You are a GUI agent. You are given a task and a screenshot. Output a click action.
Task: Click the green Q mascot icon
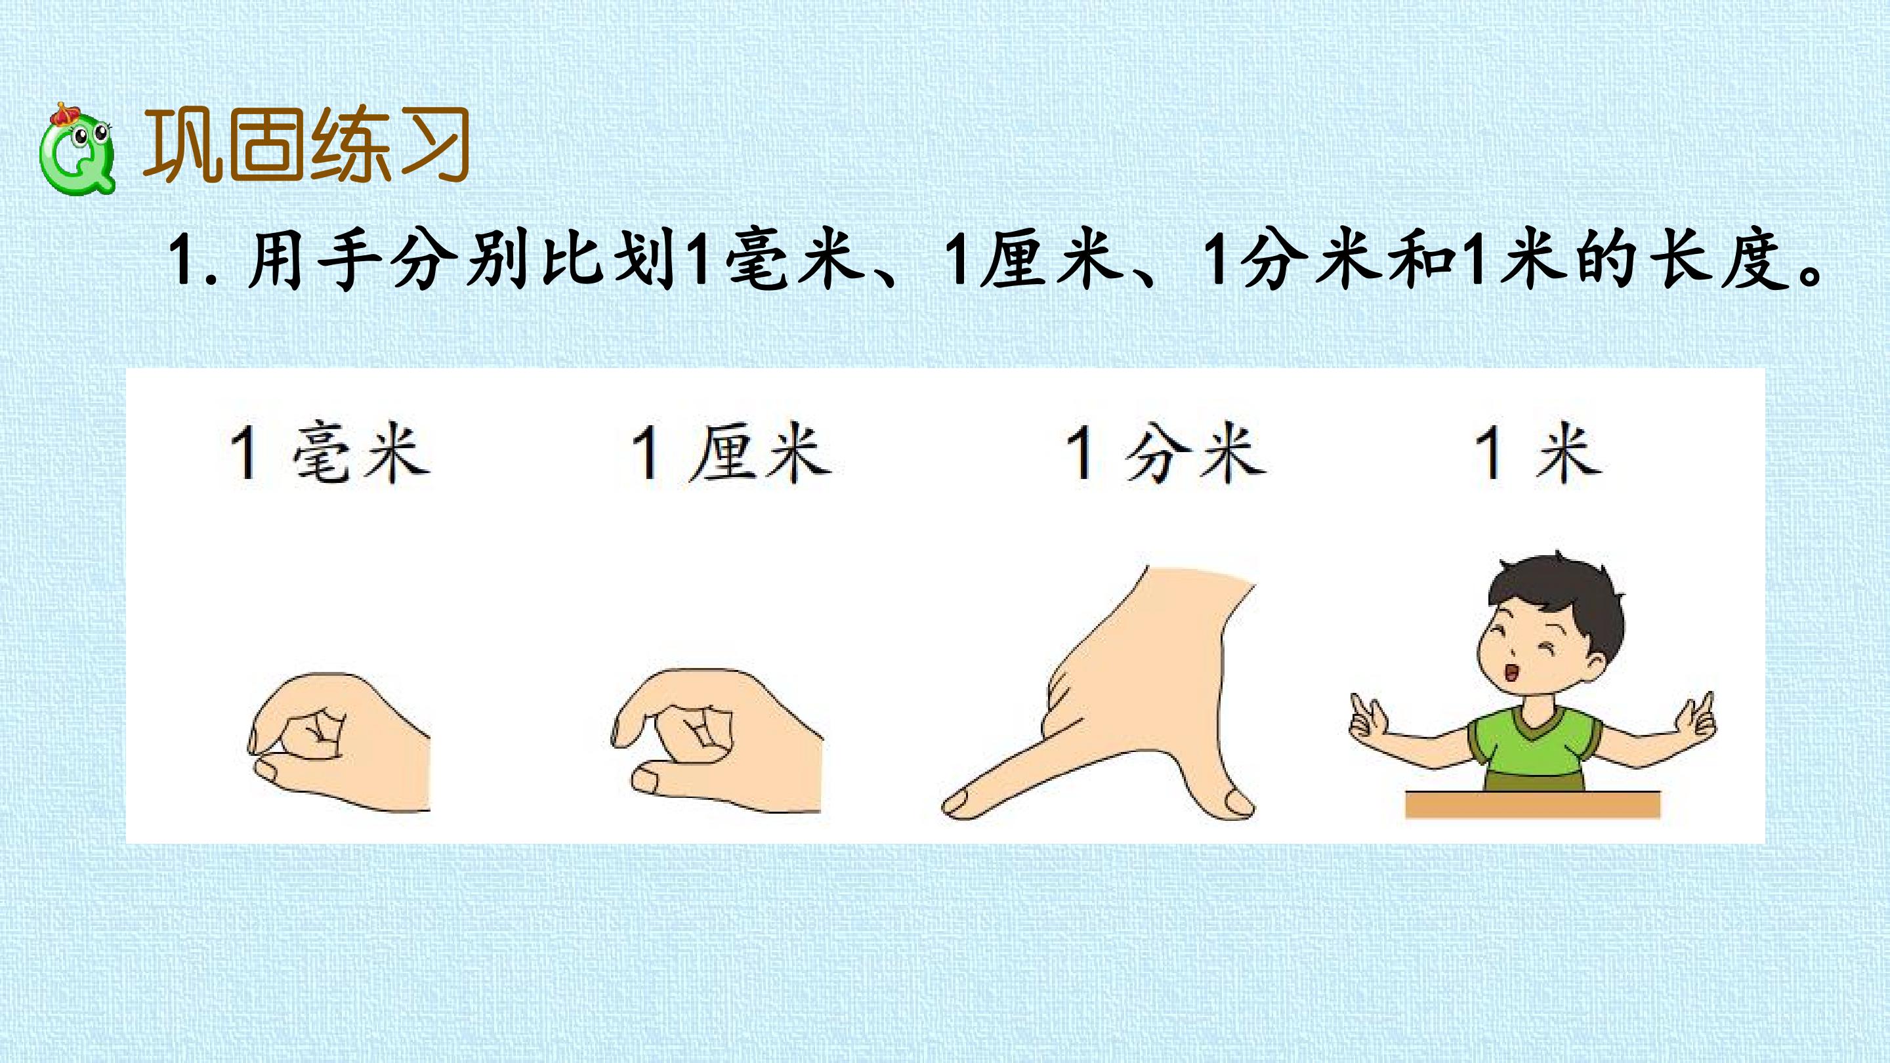[77, 150]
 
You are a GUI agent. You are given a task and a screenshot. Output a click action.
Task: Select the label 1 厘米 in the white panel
[732, 453]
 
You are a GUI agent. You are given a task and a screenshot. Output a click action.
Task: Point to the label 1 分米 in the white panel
[1166, 453]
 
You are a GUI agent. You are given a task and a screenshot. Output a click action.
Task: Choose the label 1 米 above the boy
[1538, 453]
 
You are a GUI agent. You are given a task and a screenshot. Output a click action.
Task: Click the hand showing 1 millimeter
[338, 741]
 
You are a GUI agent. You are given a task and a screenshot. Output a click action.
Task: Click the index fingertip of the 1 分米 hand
[956, 804]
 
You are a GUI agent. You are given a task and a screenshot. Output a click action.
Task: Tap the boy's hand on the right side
[1696, 715]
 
